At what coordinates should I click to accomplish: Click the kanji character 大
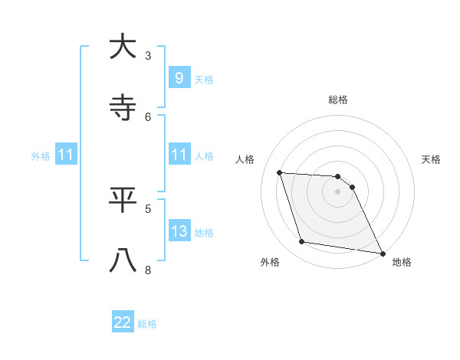coord(123,47)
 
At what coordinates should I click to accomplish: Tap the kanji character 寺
coord(123,107)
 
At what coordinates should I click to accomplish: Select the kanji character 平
coord(123,199)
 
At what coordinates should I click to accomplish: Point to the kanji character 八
coord(123,260)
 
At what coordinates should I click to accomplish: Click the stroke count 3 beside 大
coord(148,55)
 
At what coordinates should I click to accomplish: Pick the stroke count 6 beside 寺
coord(148,116)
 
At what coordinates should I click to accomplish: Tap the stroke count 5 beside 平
coord(148,208)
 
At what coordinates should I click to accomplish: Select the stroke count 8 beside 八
coord(148,270)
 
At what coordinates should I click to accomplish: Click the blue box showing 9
coord(179,77)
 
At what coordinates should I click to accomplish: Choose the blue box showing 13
coord(179,231)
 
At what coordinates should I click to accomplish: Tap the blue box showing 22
coord(123,322)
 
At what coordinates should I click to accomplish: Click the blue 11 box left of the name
coord(66,155)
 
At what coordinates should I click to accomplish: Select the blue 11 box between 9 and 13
coord(179,155)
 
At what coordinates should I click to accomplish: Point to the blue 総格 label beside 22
coord(148,324)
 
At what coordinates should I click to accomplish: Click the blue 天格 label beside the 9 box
coord(204,79)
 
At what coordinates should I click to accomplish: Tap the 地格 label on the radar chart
coord(402,262)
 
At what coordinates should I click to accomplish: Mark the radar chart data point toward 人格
coord(279,172)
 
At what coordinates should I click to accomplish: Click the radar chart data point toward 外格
coord(302,242)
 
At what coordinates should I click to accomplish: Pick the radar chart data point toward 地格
coord(382,253)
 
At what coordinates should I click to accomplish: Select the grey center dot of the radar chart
coord(337,191)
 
